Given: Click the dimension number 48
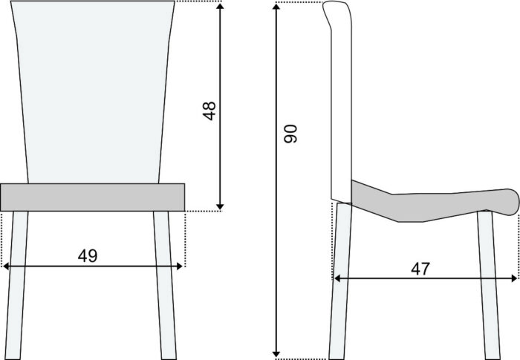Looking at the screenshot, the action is (209, 111).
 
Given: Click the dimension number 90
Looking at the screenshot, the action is (290, 134).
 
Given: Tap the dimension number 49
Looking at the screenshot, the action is (88, 256).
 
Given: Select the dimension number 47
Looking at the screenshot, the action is (420, 269).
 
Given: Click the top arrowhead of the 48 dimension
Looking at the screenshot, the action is (220, 6).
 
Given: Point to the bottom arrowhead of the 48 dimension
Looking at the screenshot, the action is (220, 207).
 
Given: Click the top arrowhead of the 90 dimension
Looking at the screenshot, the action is (276, 7).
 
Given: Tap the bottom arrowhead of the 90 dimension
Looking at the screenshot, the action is (276, 354).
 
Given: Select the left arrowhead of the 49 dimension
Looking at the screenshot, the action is (6, 266).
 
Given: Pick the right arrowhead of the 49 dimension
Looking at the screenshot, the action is (180, 266).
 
